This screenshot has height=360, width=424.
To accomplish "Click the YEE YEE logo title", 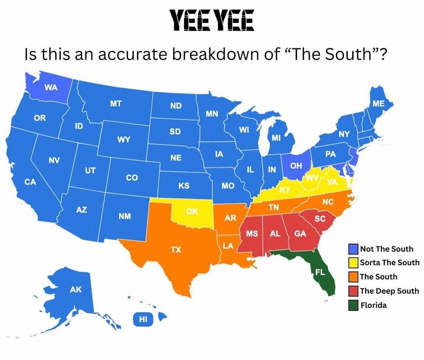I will click(212, 20).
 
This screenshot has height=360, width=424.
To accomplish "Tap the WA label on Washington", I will click(51, 88).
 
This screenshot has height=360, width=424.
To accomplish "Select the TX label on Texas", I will click(176, 249).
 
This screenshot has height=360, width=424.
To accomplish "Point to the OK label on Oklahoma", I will click(192, 212).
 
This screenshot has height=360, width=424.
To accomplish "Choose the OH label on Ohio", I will click(296, 166).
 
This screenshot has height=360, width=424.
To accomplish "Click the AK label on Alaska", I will click(76, 290).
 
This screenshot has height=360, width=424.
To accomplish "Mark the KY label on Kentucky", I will click(285, 190).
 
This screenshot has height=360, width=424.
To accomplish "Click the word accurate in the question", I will click(130, 54).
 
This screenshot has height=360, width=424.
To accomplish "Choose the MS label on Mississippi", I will click(252, 234).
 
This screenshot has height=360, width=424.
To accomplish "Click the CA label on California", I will click(30, 182).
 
